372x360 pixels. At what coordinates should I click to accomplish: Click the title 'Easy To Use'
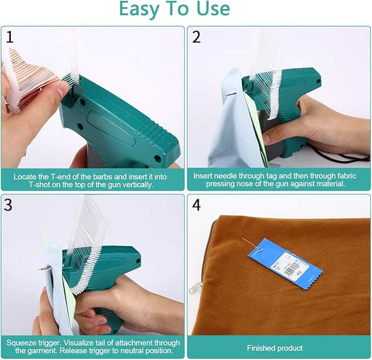point(174,9)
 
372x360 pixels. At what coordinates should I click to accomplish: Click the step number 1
point(9,37)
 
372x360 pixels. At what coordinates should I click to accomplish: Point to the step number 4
point(198,205)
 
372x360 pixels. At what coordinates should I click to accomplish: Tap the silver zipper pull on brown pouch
point(194,287)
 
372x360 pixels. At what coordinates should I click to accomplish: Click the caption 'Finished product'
point(278,348)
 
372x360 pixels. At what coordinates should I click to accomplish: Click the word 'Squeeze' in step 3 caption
point(22,342)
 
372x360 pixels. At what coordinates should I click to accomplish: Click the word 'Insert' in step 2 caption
point(204,176)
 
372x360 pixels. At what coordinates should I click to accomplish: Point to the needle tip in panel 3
point(39,268)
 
